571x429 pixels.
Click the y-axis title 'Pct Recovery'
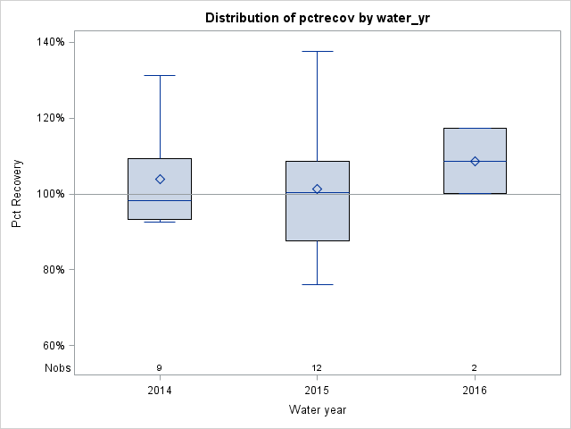[17, 194]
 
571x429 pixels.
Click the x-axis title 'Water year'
[317, 410]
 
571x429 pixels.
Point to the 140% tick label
[50, 42]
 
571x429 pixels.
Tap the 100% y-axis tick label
[50, 194]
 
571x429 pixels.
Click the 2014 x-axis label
[160, 391]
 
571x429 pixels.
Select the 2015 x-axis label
[317, 391]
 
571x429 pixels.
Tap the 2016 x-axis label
[475, 391]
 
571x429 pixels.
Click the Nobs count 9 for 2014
[160, 368]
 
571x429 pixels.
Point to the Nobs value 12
[317, 368]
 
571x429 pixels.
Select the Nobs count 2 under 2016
[475, 368]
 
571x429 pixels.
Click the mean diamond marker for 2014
[160, 179]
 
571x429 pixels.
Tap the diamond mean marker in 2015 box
[317, 189]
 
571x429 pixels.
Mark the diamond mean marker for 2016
[475, 161]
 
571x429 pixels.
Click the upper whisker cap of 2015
[317, 51]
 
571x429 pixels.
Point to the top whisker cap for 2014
[160, 76]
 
